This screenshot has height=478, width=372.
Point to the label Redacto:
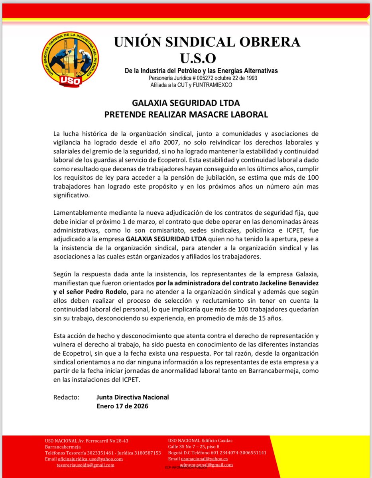[66, 397]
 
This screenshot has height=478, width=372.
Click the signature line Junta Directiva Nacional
[132, 397]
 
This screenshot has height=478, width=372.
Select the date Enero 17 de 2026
[122, 406]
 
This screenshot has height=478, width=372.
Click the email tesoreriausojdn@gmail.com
[85, 465]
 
